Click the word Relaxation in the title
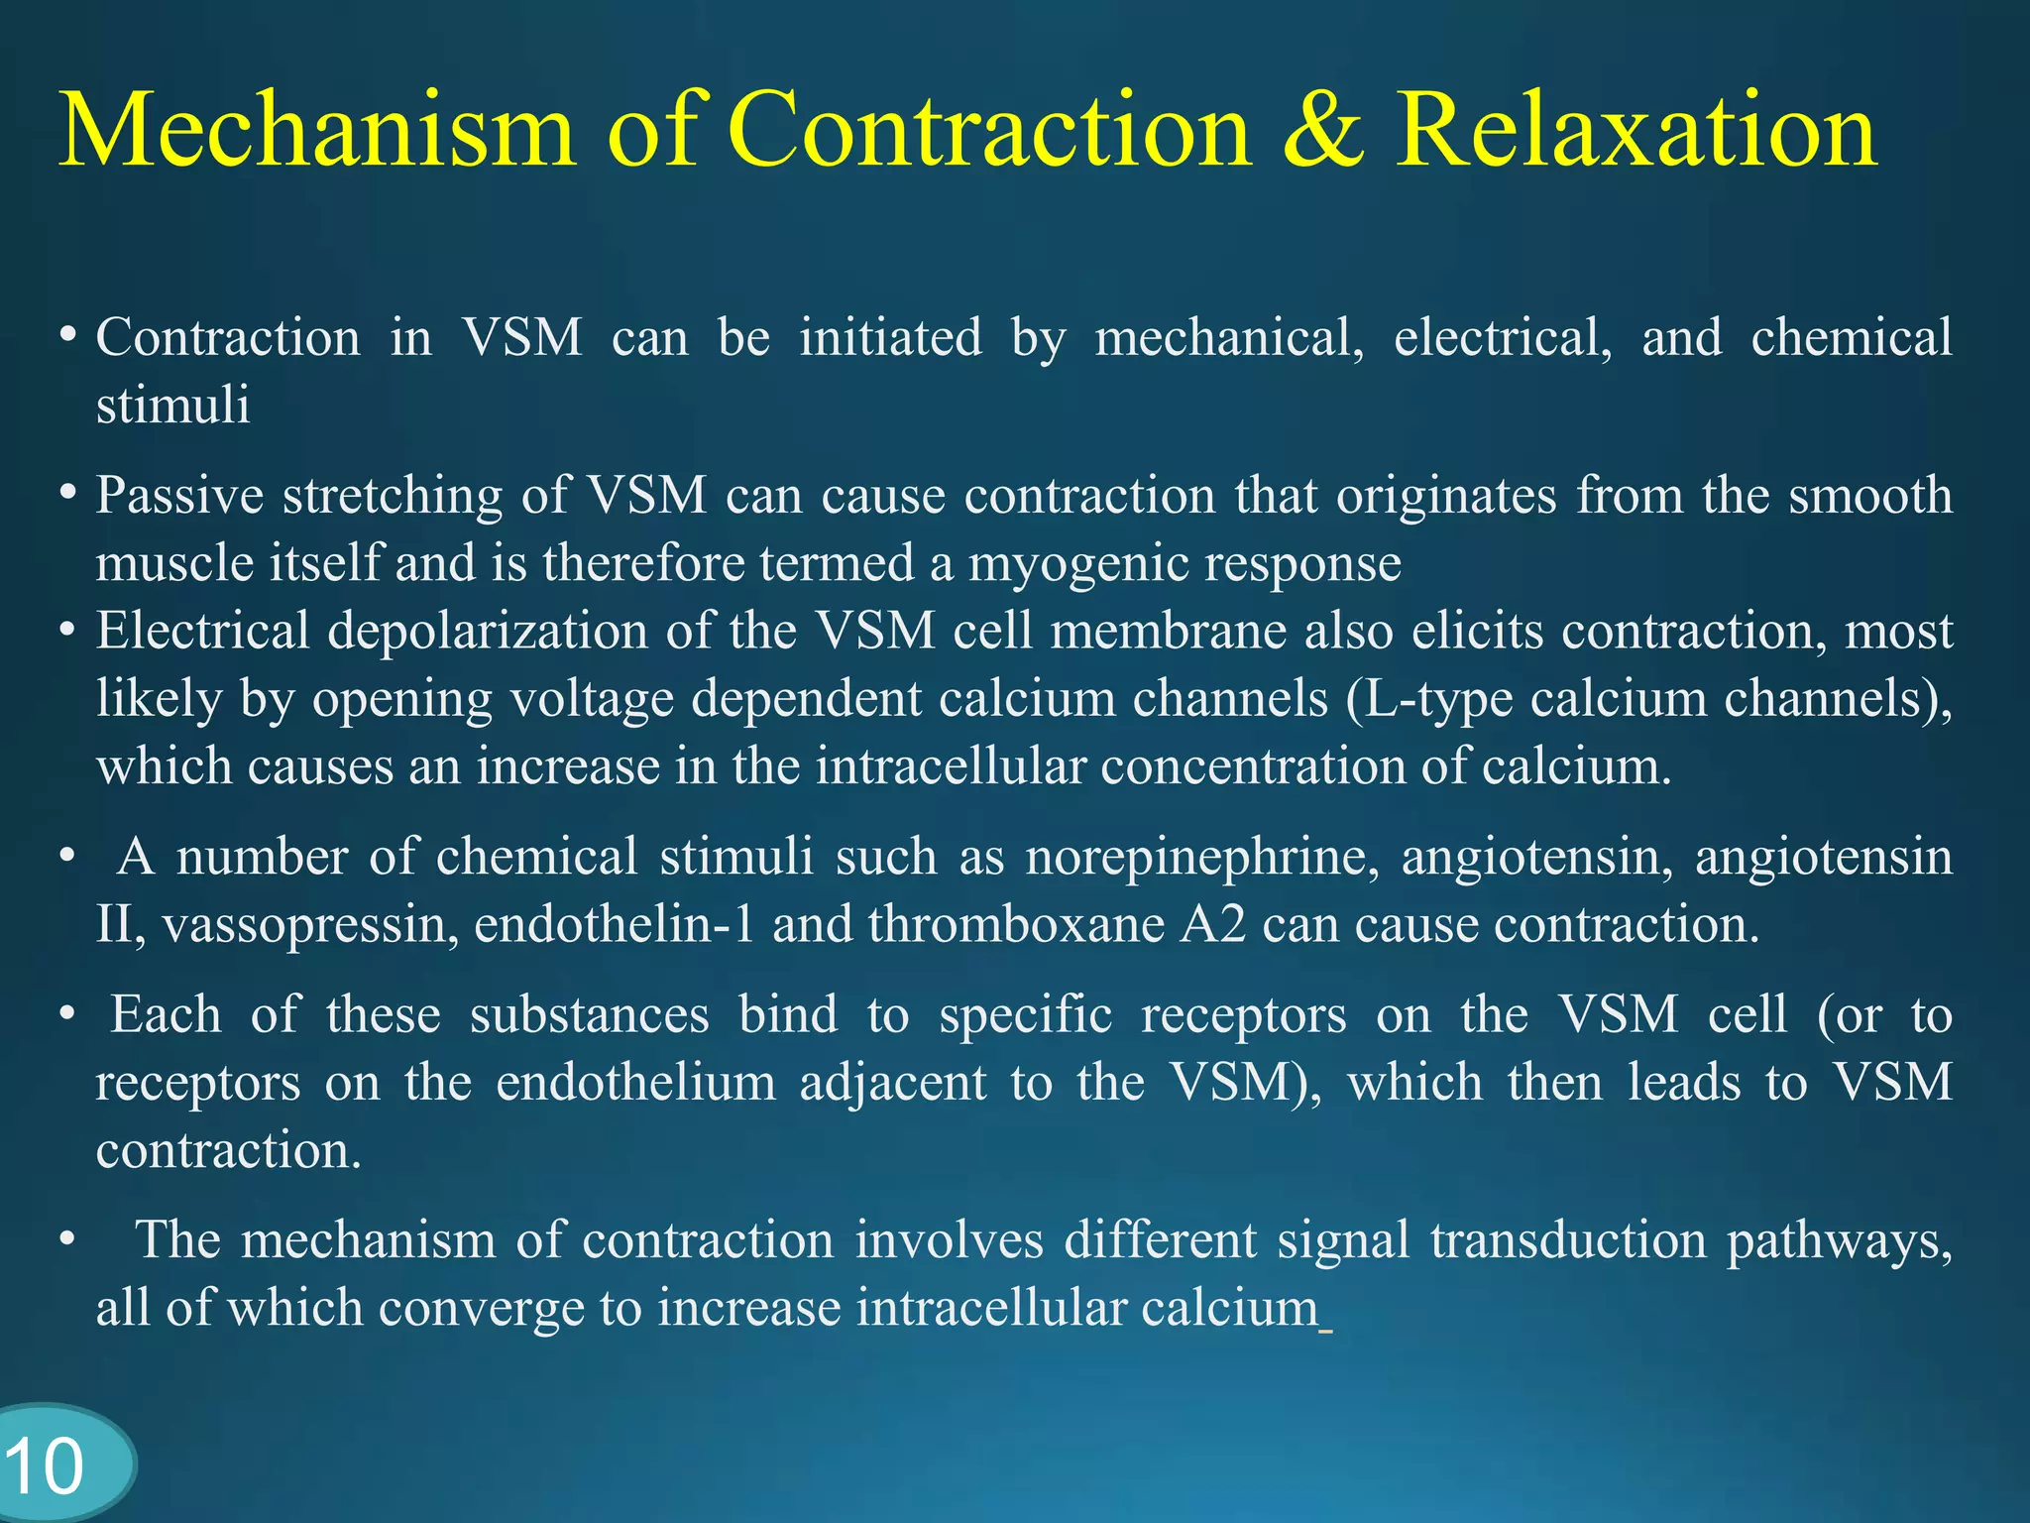click(x=1635, y=131)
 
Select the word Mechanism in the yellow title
click(x=317, y=131)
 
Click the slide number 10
click(x=45, y=1466)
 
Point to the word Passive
click(x=179, y=496)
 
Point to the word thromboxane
click(x=1016, y=925)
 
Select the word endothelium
click(x=635, y=1082)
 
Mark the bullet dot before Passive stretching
click(x=67, y=493)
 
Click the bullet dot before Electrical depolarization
click(x=67, y=630)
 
